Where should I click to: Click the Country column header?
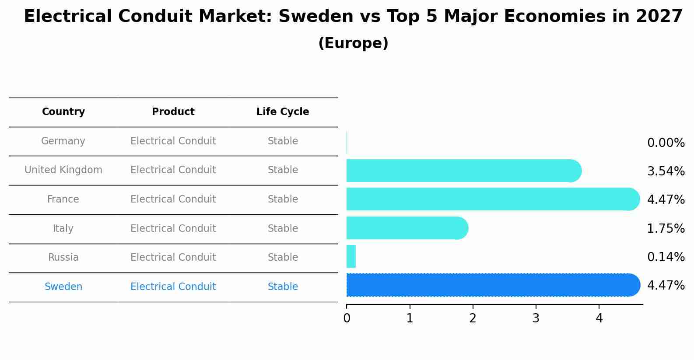click(63, 112)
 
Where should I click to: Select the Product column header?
click(173, 112)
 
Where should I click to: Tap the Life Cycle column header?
click(283, 112)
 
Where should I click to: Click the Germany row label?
click(63, 141)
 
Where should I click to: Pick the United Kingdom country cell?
click(63, 170)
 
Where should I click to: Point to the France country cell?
click(63, 199)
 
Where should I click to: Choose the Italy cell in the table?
click(63, 228)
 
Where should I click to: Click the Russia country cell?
click(63, 258)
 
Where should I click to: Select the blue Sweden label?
click(63, 287)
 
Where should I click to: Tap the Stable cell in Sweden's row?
click(283, 287)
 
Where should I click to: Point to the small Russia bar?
click(351, 256)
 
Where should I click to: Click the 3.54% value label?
click(666, 171)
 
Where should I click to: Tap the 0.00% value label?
click(666, 143)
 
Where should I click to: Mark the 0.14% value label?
click(666, 257)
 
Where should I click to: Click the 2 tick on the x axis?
click(473, 318)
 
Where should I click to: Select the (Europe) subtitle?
click(353, 43)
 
